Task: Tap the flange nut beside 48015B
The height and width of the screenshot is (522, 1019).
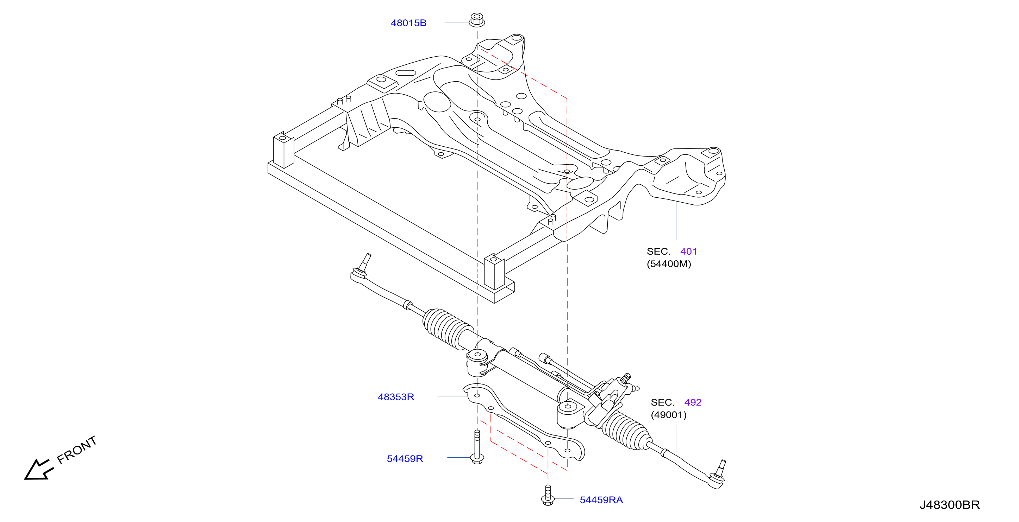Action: pos(477,20)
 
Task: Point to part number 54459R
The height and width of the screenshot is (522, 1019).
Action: pos(405,458)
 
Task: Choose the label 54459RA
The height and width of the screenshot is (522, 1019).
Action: pos(601,500)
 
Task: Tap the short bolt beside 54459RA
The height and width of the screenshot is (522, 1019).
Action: pos(548,495)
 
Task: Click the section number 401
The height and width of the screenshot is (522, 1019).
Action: pos(688,251)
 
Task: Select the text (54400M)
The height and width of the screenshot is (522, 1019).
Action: pos(669,263)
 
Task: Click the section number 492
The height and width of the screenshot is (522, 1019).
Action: pos(693,402)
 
